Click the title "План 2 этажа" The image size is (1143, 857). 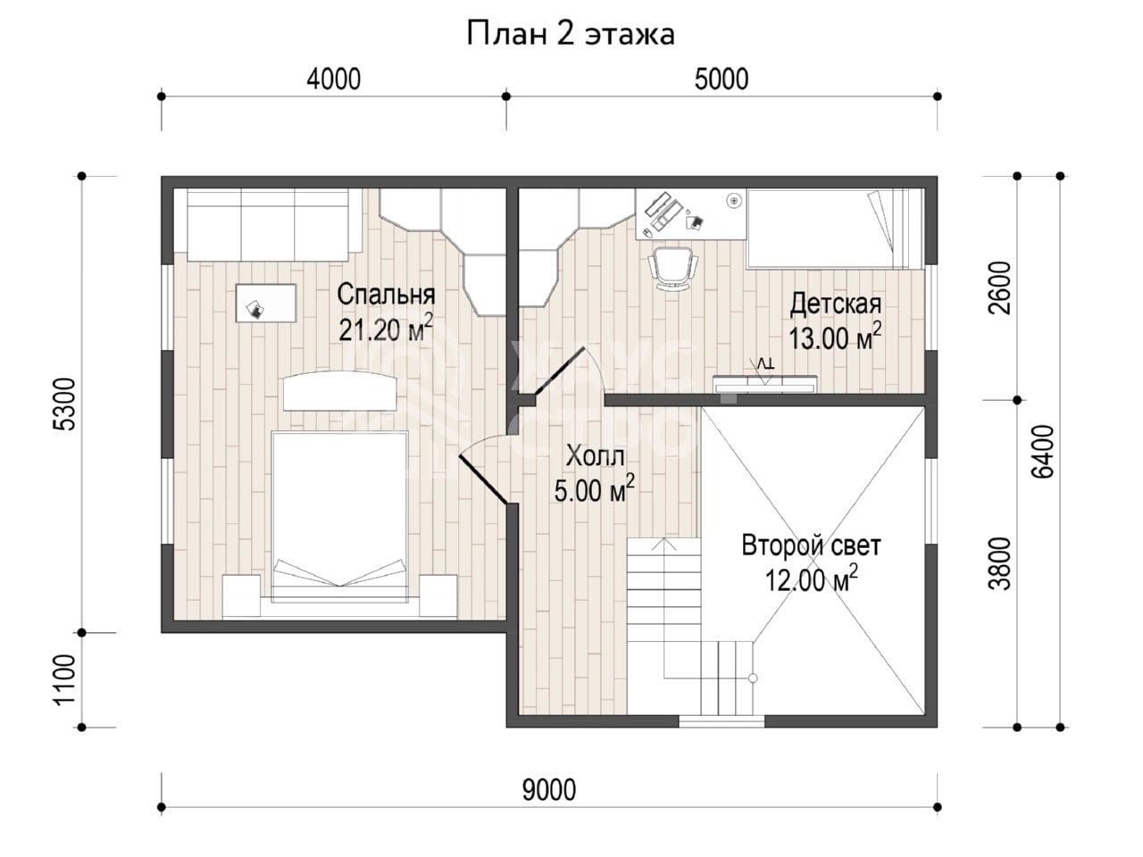coord(571,34)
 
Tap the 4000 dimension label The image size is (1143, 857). coord(333,79)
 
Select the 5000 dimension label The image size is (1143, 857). coord(722,79)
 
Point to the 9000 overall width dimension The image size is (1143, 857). coord(549,790)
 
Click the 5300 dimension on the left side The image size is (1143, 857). coord(65,404)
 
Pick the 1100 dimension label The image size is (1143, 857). coord(65,679)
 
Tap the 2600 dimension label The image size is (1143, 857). coord(999,287)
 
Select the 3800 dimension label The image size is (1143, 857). coord(999,563)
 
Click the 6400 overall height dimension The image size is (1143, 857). coord(1042,452)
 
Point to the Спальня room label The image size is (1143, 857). coord(386,295)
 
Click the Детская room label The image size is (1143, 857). coord(835,304)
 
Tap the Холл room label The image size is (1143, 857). coord(595,456)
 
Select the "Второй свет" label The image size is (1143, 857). coord(811,545)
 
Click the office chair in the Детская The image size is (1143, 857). coord(672,269)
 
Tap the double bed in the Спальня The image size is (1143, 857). coord(339,516)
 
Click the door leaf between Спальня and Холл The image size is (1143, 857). coord(483,479)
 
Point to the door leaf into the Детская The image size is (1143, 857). coord(559,370)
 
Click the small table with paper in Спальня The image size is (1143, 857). coord(266,303)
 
